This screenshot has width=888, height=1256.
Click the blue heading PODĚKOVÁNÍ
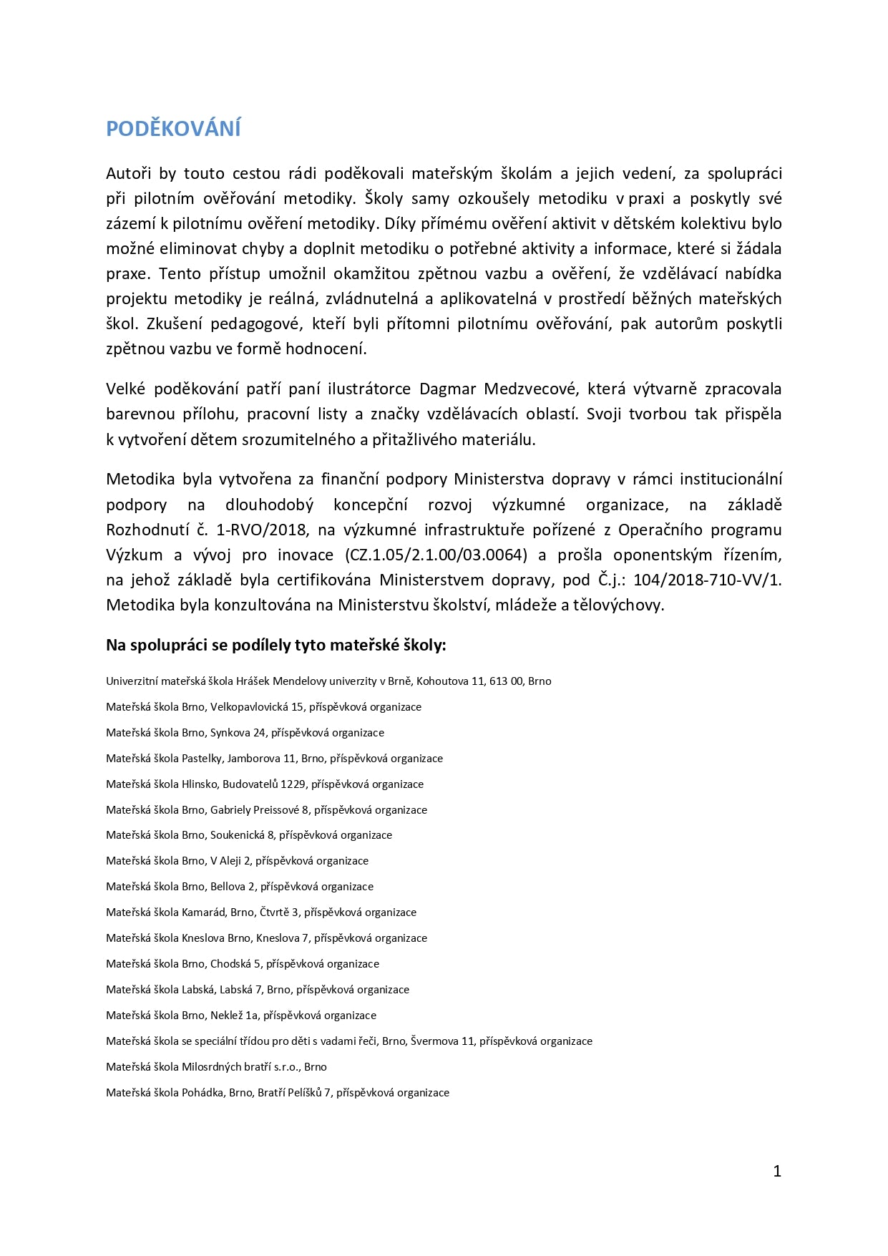(173, 129)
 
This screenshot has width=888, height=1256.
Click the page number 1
(777, 1171)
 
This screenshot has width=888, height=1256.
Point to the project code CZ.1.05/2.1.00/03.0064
(436, 555)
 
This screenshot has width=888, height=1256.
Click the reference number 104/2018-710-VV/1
(707, 580)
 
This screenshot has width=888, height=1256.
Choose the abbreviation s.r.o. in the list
(284, 1067)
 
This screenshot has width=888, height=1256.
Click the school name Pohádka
(203, 1093)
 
